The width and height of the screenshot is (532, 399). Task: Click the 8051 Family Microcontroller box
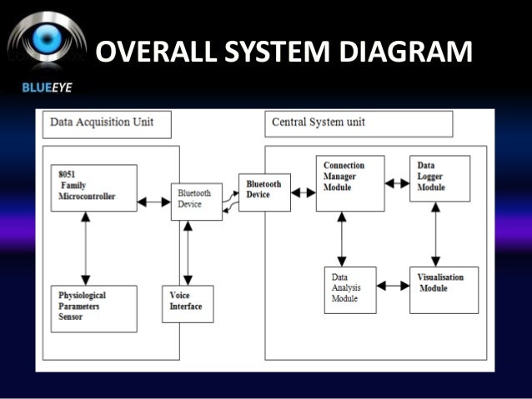coord(93,187)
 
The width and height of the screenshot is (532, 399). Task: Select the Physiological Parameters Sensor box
coord(93,308)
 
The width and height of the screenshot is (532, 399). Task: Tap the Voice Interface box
coord(188,304)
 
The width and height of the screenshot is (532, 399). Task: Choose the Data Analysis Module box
coord(350,289)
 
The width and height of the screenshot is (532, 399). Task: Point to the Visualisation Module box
coord(444,289)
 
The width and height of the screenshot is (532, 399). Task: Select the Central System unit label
coord(359,123)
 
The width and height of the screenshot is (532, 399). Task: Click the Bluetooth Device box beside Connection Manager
coord(264,192)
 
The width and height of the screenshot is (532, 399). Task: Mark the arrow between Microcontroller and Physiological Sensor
coord(83,247)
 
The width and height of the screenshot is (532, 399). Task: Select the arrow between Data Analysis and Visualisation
coord(393,286)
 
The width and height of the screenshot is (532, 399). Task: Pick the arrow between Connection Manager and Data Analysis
coord(341,238)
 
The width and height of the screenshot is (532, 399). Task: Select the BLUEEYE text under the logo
coord(36,87)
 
